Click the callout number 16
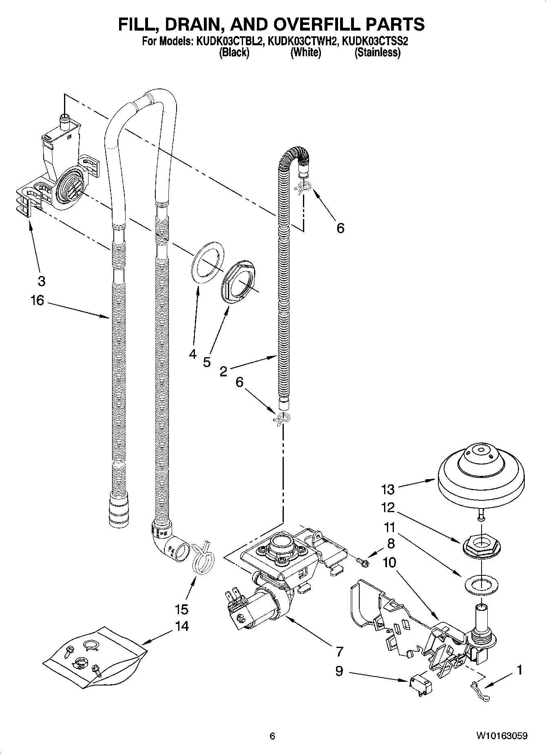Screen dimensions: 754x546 (37, 301)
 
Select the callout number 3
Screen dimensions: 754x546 (41, 281)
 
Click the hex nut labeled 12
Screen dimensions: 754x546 (481, 545)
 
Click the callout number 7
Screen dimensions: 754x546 (339, 651)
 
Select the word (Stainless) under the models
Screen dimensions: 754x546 (377, 53)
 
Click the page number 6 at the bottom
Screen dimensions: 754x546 (272, 736)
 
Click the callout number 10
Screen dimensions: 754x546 (389, 563)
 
